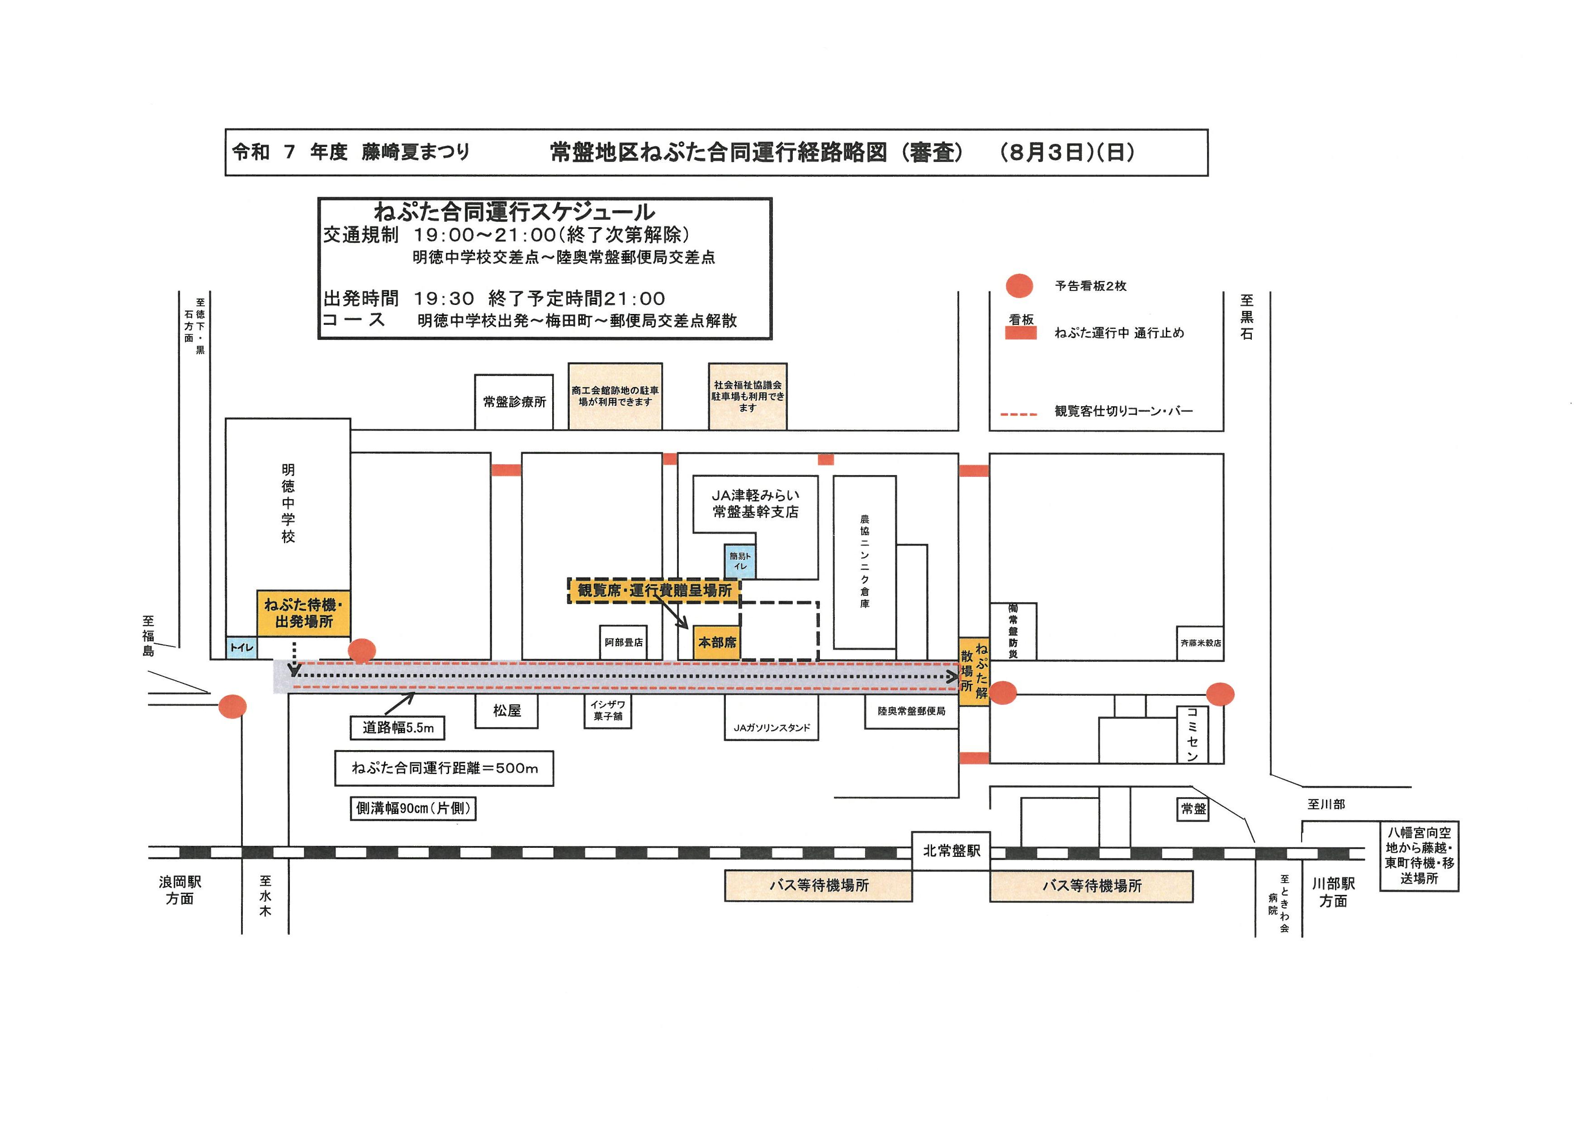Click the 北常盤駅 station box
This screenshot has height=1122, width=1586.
[x=951, y=851]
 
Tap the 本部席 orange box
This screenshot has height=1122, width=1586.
[x=717, y=642]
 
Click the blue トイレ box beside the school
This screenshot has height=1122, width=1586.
[x=242, y=647]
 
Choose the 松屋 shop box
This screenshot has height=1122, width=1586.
[x=507, y=711]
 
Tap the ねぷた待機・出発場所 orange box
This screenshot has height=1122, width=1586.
[x=303, y=613]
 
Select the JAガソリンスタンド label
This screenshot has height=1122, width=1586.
[x=772, y=727]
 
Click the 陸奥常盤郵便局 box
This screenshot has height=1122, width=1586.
[x=911, y=711]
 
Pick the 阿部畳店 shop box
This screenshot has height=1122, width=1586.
[x=624, y=642]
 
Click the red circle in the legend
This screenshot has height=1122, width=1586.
[x=1019, y=286]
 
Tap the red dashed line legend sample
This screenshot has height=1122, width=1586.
[x=1019, y=414]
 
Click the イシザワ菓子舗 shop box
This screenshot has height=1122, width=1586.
[x=608, y=711]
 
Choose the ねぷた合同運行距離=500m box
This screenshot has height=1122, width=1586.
[x=444, y=768]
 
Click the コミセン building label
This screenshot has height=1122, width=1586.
[x=1192, y=734]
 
